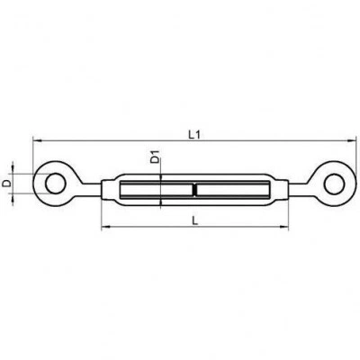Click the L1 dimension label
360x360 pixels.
194,135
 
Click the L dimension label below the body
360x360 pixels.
195,221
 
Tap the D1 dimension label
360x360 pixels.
155,157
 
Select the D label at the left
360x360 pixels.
6,183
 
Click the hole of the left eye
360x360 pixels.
54,184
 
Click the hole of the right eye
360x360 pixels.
334,184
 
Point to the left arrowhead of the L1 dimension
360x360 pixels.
37,140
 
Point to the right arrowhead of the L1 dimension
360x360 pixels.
351,140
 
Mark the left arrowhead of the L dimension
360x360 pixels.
106,228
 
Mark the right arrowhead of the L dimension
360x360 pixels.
283,228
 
